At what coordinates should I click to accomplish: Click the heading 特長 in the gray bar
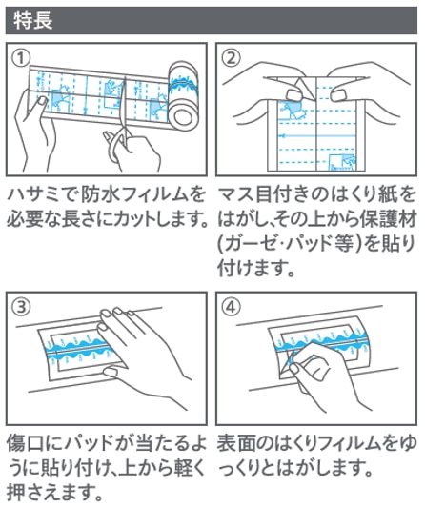tap(33, 20)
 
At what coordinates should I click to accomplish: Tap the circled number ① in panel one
tap(21, 58)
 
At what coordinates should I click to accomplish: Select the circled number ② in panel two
tap(232, 58)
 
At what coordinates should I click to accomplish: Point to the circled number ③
tap(21, 307)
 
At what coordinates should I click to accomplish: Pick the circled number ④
tap(232, 307)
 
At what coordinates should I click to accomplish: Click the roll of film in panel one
tap(184, 95)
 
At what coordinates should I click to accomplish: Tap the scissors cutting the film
tap(119, 127)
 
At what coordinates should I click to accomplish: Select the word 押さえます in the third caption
tap(48, 493)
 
